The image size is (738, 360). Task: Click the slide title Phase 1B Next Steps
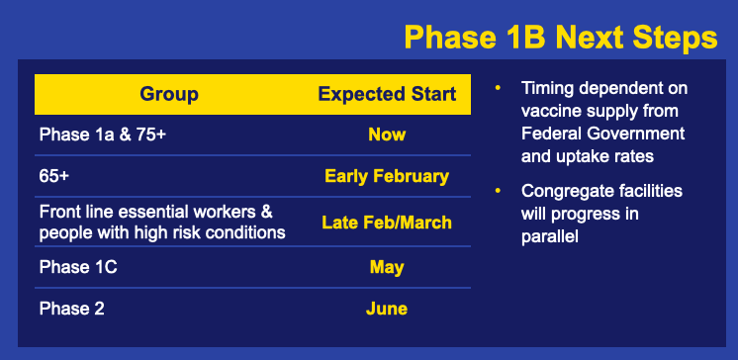561,38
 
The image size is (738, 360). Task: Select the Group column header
169,94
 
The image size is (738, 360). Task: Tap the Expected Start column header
387,94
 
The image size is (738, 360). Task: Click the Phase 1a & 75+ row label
103,135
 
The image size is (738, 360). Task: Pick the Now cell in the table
387,135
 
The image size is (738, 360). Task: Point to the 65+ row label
54,176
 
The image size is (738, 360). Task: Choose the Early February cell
387,176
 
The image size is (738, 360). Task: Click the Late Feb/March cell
387,223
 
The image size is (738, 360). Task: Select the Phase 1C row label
78,267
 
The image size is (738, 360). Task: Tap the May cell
387,268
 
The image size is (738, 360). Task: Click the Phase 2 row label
72,309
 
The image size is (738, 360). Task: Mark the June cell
387,309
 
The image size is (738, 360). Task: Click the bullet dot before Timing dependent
498,88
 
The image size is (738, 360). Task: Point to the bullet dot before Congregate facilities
498,191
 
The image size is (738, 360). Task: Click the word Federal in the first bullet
551,134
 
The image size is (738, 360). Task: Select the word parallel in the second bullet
549,236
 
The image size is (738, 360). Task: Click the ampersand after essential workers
267,212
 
